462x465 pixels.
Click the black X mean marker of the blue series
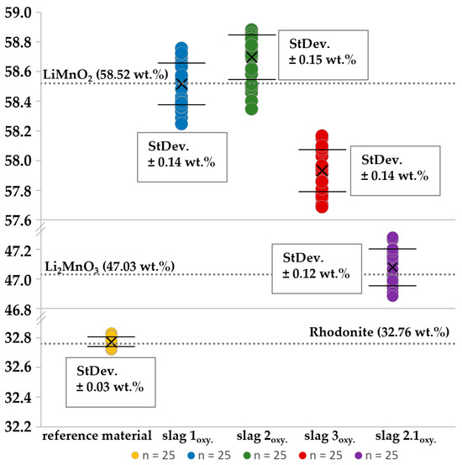click(x=181, y=84)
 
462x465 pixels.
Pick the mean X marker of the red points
click(x=322, y=170)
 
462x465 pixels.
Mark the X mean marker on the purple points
click(x=391, y=267)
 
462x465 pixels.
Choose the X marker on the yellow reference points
click(x=111, y=342)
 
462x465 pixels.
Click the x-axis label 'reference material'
click(x=97, y=436)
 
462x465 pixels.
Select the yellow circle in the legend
click(x=135, y=456)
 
